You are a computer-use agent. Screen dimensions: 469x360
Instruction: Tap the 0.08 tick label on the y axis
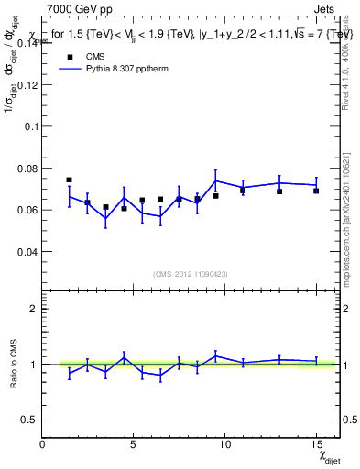pyautogui.click(x=28, y=168)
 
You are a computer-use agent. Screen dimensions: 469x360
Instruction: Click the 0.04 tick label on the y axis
pyautogui.click(x=28, y=251)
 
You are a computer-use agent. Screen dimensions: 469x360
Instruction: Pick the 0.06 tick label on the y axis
pyautogui.click(x=28, y=210)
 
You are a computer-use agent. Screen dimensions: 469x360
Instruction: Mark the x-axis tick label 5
pyautogui.click(x=134, y=445)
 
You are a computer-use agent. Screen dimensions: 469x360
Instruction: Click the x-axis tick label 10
pyautogui.click(x=224, y=445)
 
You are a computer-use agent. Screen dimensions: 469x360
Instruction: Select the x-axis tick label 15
pyautogui.click(x=316, y=445)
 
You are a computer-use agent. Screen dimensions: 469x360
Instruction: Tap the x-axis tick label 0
pyautogui.click(x=43, y=445)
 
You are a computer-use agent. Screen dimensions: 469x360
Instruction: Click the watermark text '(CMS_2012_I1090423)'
pyautogui.click(x=191, y=273)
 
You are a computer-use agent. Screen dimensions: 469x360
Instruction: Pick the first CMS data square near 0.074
pyautogui.click(x=70, y=180)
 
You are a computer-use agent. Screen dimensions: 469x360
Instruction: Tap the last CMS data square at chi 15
pyautogui.click(x=316, y=191)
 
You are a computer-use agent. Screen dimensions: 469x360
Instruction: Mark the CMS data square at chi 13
pyautogui.click(x=279, y=191)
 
